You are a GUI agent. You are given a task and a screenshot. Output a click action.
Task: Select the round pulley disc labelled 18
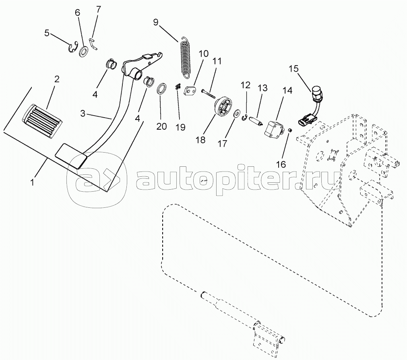(x=223, y=107)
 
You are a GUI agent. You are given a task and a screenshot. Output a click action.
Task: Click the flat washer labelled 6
(x=84, y=52)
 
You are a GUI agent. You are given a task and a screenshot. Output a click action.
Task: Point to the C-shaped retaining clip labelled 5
(x=73, y=47)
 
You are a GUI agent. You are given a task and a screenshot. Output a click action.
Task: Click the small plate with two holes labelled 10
(x=190, y=91)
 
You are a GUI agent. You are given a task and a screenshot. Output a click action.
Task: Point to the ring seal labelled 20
(x=161, y=89)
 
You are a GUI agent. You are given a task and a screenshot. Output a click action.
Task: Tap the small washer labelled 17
(x=236, y=114)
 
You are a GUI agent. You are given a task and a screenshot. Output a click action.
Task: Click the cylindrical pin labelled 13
(x=256, y=121)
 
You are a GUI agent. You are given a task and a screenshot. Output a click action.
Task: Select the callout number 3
(x=83, y=114)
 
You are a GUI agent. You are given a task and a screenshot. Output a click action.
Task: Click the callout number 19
(x=180, y=127)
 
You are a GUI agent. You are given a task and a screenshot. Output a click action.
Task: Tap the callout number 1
(x=33, y=182)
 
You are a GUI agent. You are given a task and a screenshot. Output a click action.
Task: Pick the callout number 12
(x=245, y=85)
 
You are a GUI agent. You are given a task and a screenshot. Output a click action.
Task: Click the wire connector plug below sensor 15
(x=306, y=122)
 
